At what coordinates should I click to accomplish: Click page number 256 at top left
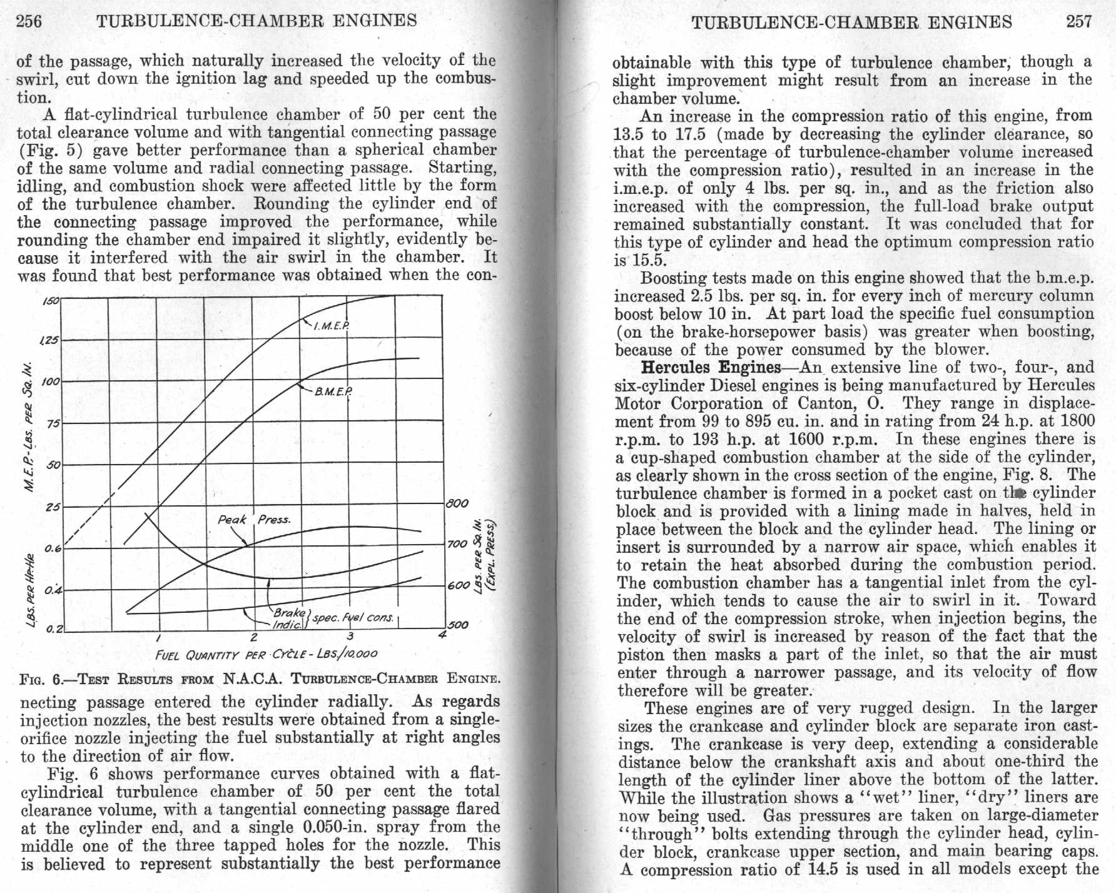coord(29,21)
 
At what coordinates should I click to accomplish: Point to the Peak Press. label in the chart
coord(254,520)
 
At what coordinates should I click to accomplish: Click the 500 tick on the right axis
coord(457,624)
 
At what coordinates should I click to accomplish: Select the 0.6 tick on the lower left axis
coord(54,548)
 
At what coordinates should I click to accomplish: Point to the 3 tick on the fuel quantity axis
coord(350,637)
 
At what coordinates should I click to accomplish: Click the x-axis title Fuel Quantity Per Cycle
coord(266,654)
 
